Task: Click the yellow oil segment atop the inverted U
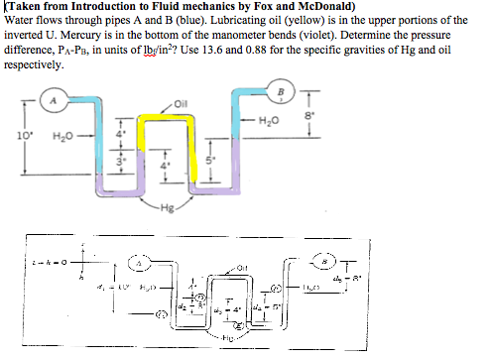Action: [177, 114]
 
